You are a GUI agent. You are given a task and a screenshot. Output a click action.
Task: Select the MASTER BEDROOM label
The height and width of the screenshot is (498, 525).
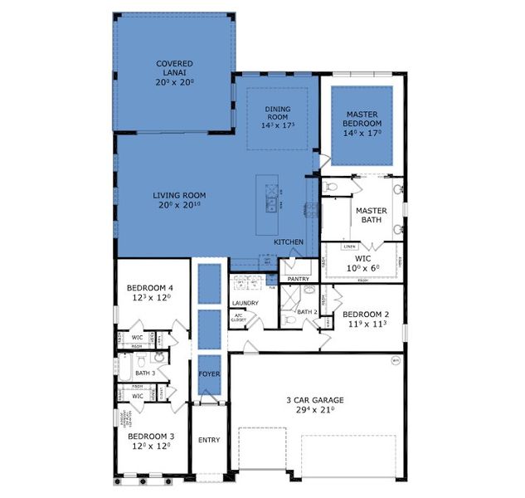362,120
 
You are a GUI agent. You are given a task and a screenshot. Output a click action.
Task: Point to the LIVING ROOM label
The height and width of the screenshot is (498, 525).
179,196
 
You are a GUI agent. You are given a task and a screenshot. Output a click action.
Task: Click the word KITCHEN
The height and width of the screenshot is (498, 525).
289,242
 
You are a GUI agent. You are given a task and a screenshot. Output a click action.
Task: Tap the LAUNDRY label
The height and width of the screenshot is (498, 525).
245,303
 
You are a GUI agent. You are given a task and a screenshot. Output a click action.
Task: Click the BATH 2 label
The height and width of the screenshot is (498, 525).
308,312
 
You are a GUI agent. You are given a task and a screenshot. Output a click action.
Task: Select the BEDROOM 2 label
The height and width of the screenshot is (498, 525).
366,315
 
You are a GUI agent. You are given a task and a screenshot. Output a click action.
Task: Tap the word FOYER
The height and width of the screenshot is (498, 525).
208,374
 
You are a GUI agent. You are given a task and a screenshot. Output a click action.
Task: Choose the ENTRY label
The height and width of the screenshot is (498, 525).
208,440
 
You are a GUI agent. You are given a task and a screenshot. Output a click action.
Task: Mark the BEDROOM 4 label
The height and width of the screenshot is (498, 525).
150,288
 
